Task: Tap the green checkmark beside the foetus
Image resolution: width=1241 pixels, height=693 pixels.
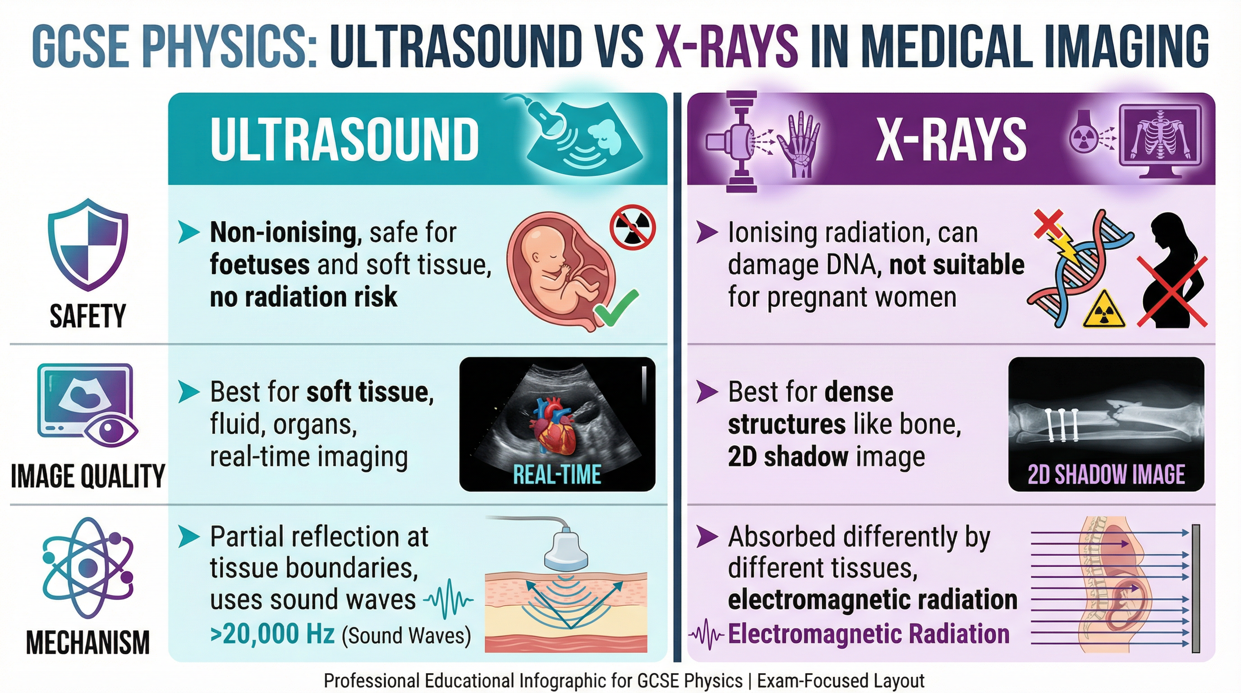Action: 616,308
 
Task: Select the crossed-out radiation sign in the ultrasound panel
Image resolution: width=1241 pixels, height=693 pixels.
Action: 632,228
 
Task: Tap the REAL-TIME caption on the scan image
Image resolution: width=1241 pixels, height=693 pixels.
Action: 557,475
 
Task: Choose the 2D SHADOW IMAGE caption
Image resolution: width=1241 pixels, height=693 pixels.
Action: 1106,475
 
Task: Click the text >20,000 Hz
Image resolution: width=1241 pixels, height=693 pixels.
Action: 272,634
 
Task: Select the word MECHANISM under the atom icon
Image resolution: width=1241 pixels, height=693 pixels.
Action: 87,643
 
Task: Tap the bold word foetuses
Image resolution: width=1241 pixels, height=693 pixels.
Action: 259,265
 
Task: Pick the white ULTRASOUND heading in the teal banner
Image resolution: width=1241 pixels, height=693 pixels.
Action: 345,139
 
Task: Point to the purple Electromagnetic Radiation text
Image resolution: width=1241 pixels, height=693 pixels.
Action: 868,634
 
